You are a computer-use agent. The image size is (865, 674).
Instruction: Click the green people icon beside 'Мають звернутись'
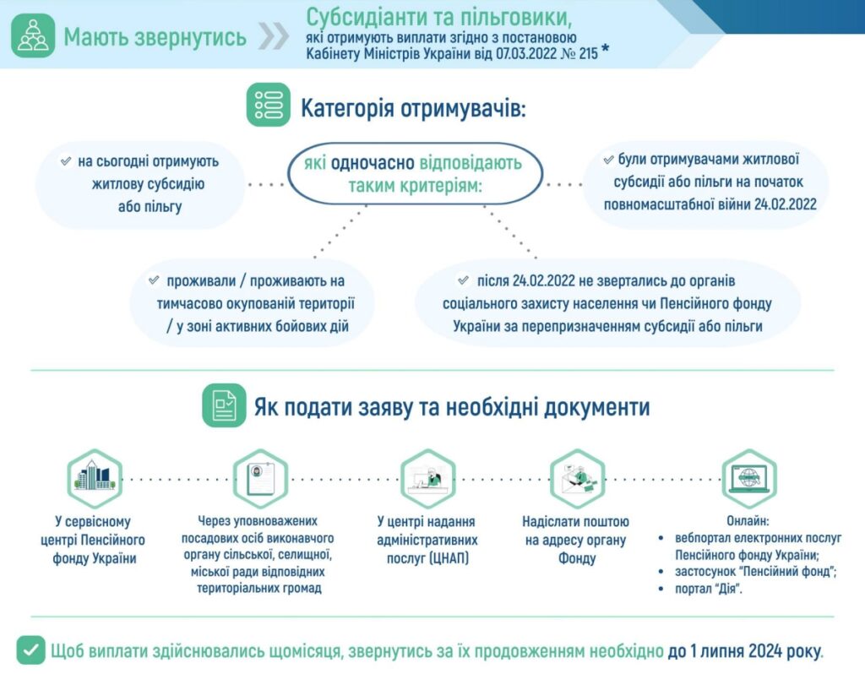33,37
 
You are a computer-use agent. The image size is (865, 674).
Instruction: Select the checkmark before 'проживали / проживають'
154,280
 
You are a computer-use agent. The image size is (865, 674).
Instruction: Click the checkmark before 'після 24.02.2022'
463,280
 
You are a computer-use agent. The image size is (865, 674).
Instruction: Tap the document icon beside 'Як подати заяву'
224,405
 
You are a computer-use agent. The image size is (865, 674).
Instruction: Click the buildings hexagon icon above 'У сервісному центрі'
95,478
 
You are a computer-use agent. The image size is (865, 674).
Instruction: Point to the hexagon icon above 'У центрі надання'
427,478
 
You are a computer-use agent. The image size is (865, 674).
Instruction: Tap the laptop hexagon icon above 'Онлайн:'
748,478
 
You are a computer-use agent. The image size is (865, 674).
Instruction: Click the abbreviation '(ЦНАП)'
437,558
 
